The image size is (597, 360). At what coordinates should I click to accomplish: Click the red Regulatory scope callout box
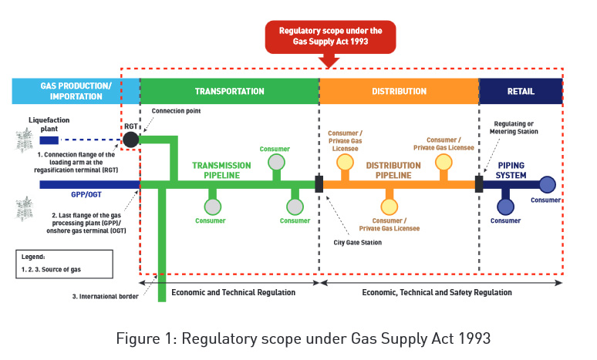pos(330,36)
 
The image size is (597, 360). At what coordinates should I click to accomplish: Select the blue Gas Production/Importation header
pos(76,91)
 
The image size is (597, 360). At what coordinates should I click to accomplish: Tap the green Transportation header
pos(229,91)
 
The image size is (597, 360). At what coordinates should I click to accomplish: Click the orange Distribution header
pos(399,91)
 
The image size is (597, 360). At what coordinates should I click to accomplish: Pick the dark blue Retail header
pos(521,91)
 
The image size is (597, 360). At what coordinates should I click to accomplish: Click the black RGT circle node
pos(131,140)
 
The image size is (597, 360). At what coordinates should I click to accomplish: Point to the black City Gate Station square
pos(319,184)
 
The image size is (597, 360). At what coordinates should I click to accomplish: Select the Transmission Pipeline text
pos(221,170)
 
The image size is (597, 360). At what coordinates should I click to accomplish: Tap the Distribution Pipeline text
pos(393,170)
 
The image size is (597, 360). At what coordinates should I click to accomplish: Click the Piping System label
pos(511,170)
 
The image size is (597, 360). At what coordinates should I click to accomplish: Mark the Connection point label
pos(177,111)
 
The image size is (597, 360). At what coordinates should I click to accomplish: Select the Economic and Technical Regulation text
pos(233,293)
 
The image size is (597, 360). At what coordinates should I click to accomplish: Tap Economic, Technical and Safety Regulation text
pos(437,293)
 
